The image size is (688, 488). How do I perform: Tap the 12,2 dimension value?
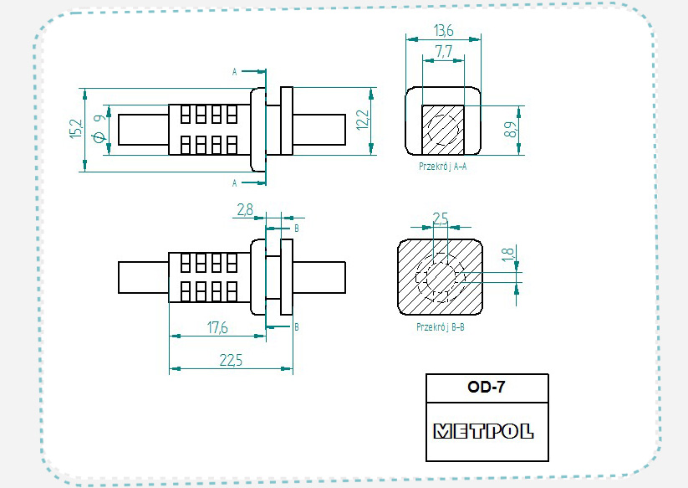point(361,120)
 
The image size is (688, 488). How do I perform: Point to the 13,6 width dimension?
point(444,30)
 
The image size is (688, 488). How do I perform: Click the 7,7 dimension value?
point(444,52)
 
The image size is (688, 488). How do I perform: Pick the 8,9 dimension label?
point(509,130)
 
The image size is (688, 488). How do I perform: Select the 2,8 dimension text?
point(245,211)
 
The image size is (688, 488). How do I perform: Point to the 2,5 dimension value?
point(440,218)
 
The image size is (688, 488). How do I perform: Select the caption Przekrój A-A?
point(443,167)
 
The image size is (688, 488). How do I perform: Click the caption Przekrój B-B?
point(441,327)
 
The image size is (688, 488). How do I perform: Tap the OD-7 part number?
point(487,388)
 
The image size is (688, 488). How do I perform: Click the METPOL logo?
point(483,432)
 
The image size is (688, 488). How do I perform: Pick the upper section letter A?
point(235,72)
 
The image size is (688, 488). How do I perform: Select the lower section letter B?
point(297,326)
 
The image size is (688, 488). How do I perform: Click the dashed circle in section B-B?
point(441,277)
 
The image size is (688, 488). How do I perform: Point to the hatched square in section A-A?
point(442,129)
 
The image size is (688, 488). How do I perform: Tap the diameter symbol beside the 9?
point(99,137)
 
